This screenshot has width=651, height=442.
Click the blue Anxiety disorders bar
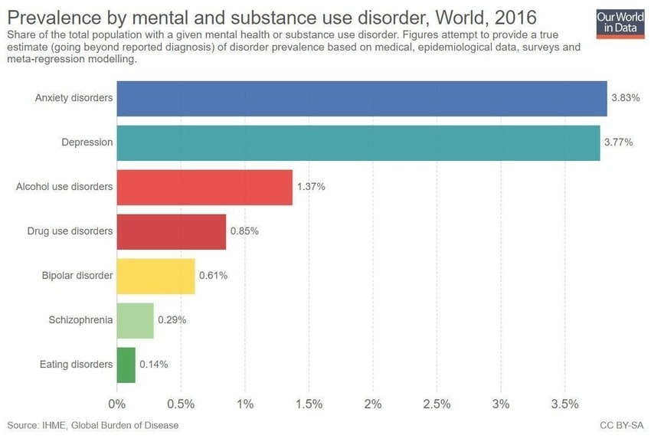click(361, 99)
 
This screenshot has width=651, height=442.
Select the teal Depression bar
click(358, 142)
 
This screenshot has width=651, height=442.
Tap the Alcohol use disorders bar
click(204, 187)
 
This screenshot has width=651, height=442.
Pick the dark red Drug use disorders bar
click(172, 231)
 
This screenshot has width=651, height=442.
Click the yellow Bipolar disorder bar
click(155, 276)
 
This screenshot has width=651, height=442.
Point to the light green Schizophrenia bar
click(135, 320)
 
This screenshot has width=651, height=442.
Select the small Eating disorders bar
click(126, 365)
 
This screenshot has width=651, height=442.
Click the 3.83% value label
click(621, 99)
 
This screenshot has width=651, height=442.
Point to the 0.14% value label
click(153, 365)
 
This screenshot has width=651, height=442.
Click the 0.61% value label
click(213, 276)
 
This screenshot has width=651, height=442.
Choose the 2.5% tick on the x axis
click(437, 403)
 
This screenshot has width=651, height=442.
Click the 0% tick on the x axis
click(117, 403)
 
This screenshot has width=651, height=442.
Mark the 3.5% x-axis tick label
click(564, 403)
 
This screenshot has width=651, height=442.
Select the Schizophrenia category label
click(81, 320)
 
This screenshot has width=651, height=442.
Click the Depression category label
click(87, 142)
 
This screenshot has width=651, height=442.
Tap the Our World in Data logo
click(620, 23)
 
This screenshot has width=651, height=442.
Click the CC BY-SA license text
click(622, 424)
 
